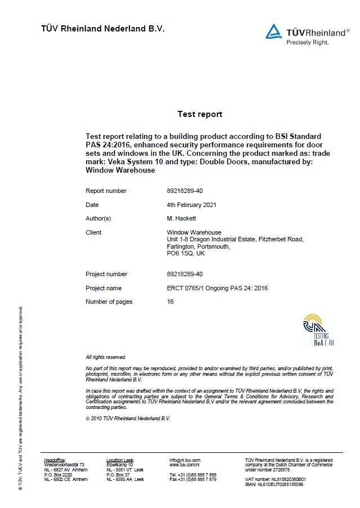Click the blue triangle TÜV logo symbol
(x=274, y=32)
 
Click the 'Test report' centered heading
(x=200, y=114)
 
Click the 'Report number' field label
(x=106, y=191)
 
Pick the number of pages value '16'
(x=170, y=302)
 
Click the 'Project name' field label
(x=103, y=288)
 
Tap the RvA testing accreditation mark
(x=318, y=329)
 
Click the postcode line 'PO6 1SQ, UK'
(x=185, y=253)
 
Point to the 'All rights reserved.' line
(x=106, y=357)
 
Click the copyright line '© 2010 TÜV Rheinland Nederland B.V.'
(x=128, y=419)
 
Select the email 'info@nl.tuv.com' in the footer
(x=185, y=460)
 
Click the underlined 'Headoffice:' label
(x=55, y=460)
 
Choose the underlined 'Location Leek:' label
(x=120, y=460)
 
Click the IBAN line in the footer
(x=274, y=484)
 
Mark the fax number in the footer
(x=193, y=479)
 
